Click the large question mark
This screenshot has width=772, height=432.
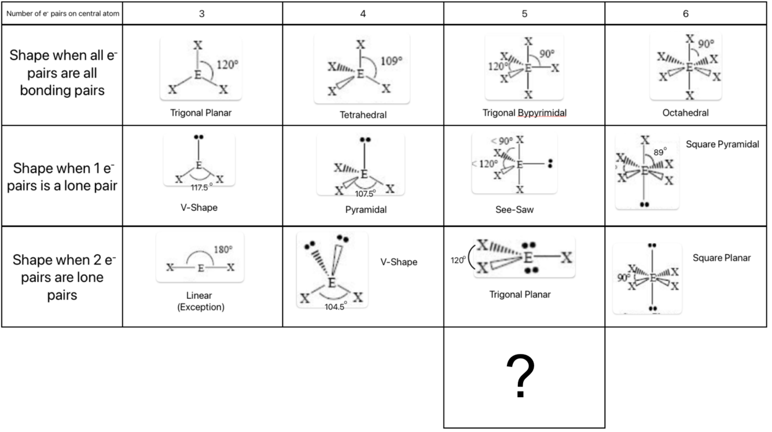coord(520,376)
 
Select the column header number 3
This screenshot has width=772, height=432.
coord(202,14)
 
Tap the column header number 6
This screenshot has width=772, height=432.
coord(686,14)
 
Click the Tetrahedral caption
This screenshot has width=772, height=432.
coord(363,115)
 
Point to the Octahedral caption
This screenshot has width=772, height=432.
coord(686,113)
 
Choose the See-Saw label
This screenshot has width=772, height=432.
coord(514,210)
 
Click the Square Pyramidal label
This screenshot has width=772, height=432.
coord(722,144)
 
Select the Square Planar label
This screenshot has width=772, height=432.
coord(722,258)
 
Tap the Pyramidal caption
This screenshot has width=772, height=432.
coord(366,210)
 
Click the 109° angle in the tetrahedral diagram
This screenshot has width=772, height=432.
coord(392,61)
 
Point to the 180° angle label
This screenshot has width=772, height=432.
coord(223,249)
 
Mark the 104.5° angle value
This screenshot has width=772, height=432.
coord(336,306)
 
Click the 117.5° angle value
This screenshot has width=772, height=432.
coord(201,187)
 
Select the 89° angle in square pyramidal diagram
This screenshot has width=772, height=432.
coord(660,152)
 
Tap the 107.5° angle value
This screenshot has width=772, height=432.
coord(365,193)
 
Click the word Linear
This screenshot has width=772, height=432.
coord(199,295)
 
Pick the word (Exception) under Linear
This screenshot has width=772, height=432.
coord(201,307)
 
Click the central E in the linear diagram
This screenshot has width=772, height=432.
coord(201,268)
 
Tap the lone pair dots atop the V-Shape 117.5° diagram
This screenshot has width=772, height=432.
coord(198,137)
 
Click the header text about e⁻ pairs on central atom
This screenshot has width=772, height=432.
coord(63,14)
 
